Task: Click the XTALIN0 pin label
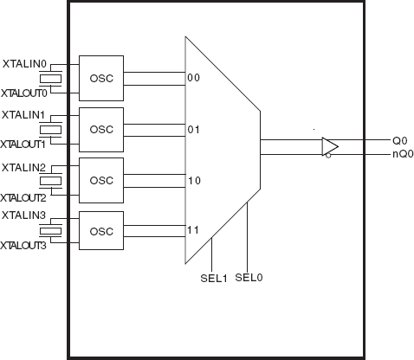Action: pos(24,64)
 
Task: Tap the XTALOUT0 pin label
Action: pos(24,93)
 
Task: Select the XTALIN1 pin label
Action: pos(23,115)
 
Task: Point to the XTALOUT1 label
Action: pos(23,145)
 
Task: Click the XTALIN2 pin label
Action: pos(23,168)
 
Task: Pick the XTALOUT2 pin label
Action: pos(23,198)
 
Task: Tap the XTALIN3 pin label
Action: pos(23,215)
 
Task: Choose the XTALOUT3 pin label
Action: pos(23,246)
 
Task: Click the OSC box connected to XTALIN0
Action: pos(101,78)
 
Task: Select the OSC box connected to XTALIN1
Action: pos(101,130)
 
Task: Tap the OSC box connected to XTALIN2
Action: pos(101,180)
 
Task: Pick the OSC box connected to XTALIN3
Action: pos(101,231)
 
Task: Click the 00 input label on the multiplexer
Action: pos(193,78)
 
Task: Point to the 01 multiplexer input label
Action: pos(193,130)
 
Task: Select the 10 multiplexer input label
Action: pos(194,181)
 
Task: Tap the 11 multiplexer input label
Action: pos(193,230)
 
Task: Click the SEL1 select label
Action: pos(214,279)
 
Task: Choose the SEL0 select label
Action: pos(249,278)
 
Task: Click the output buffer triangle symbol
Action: pos(330,147)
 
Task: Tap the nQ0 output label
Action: pos(403,154)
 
